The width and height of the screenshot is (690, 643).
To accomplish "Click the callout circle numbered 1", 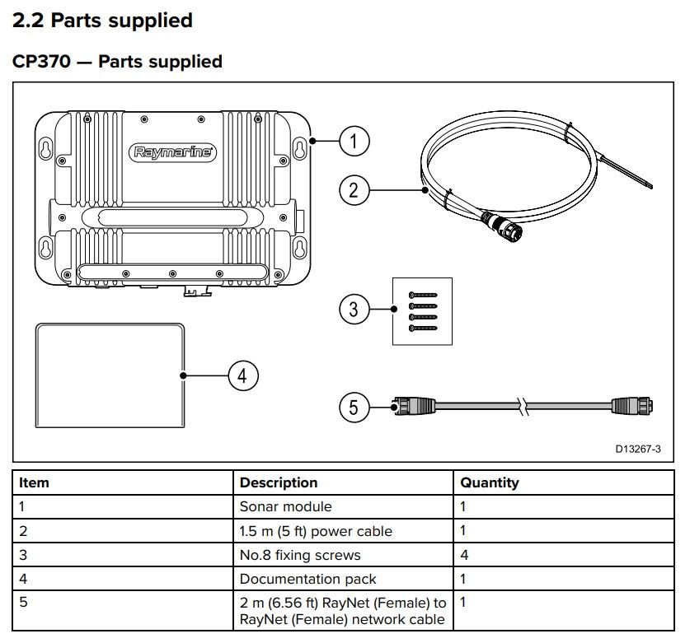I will (354, 142).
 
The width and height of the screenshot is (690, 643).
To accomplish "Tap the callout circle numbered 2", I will (354, 191).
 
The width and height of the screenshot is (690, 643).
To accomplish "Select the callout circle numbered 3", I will (354, 310).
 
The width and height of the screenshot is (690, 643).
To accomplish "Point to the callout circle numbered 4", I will (242, 375).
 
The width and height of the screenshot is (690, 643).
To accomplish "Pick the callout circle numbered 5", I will (354, 407).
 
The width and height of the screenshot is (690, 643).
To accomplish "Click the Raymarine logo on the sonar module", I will (173, 152).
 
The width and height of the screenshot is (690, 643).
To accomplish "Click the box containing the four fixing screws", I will (421, 310).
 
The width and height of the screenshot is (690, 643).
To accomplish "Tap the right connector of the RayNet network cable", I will (633, 405).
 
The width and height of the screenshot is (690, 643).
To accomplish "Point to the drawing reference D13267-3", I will (637, 450).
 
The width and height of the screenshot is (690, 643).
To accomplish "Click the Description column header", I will (278, 483).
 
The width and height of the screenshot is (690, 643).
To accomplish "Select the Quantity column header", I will (490, 483).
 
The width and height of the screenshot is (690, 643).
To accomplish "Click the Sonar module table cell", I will (285, 507).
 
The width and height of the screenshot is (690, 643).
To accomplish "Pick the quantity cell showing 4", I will (464, 555).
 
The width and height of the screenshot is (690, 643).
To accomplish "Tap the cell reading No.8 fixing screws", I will (300, 555).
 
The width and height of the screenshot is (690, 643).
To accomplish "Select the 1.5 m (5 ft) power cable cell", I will (316, 531).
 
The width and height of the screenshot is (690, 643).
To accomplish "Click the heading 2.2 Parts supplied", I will (102, 21).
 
